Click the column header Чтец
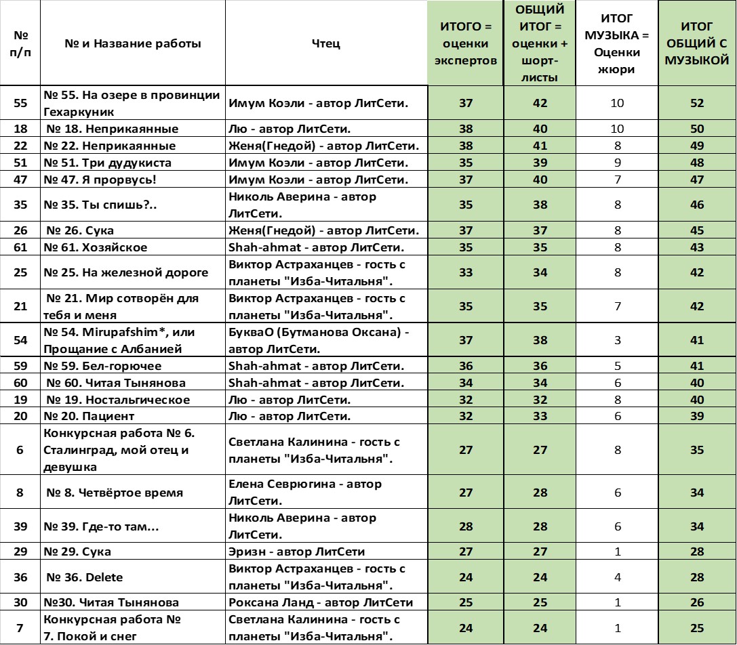pos(326,43)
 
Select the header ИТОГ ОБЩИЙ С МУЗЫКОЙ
pos(697,43)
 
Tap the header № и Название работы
pos(133,43)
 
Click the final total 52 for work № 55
pos(697,104)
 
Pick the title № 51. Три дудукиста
pos(108,163)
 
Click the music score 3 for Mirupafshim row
pos(618,340)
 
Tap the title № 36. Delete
pos(85,577)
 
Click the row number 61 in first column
pos(20,247)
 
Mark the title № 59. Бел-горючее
pos(103,366)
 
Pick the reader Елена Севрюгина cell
pos(305,493)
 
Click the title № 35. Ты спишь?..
pos(99,205)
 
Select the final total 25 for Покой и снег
pos(697,628)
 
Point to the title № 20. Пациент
pos(89,416)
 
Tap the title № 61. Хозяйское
pos(96,247)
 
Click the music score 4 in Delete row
pos(618,577)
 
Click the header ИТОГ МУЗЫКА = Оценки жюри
pos(617,43)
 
